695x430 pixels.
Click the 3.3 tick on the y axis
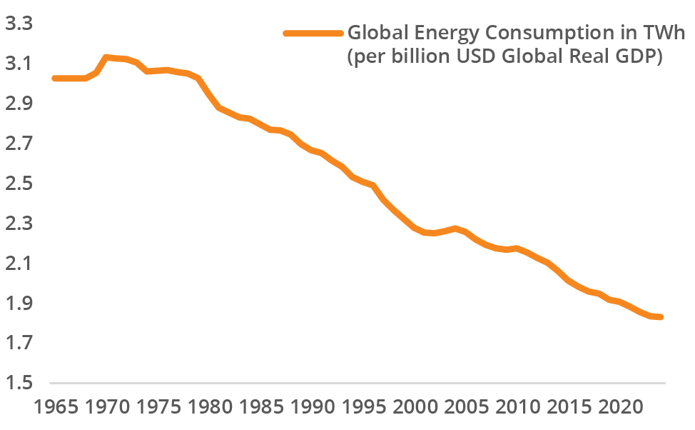point(20,24)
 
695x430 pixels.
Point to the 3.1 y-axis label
point(20,64)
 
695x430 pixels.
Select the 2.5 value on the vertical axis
point(20,184)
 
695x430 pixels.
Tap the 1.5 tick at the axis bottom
point(20,383)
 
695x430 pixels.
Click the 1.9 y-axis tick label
point(20,304)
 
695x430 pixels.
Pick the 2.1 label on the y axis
point(20,264)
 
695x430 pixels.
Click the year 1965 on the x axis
point(56,409)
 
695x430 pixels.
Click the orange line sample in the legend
point(313,34)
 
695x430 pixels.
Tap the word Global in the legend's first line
point(373,34)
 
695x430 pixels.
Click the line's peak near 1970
point(106,57)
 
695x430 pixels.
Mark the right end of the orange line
point(661,317)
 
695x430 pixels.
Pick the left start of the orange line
point(55,79)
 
